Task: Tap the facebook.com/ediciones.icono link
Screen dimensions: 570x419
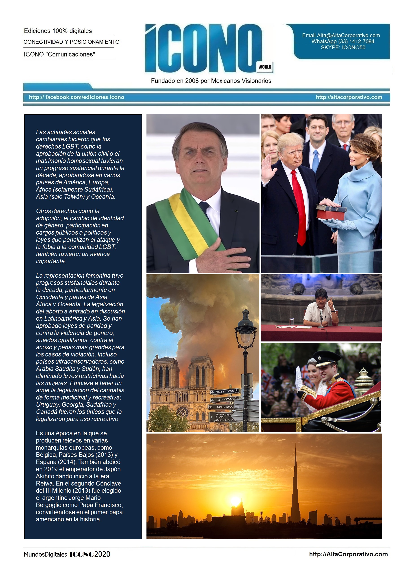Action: click(x=76, y=97)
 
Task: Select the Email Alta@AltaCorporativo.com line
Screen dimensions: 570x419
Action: click(x=341, y=35)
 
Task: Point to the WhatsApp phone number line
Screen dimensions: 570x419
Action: click(x=343, y=41)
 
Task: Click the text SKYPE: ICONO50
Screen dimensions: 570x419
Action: click(x=343, y=47)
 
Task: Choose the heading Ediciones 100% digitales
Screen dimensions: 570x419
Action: click(x=58, y=31)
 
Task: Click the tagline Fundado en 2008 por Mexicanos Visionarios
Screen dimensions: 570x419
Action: click(x=211, y=81)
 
